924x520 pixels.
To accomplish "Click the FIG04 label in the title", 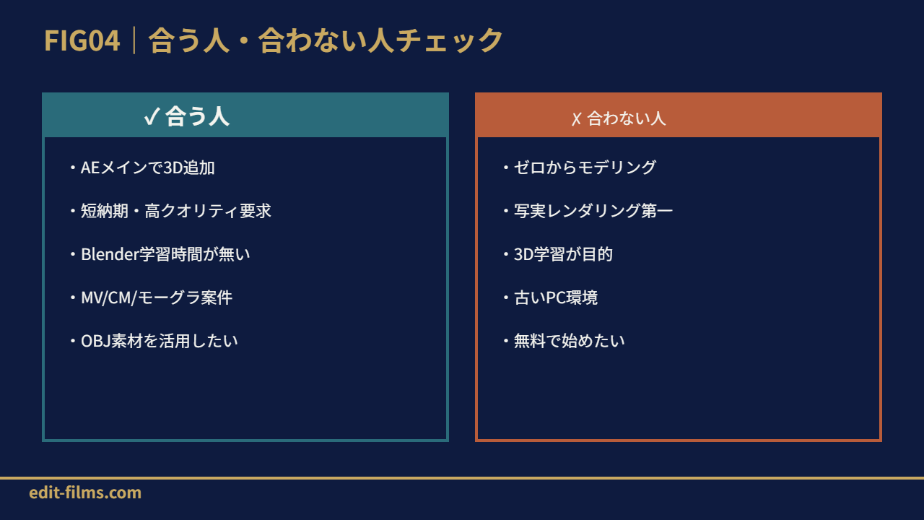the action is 82,40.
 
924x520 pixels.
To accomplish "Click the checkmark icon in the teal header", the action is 152,116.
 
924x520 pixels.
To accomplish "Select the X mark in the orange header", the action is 576,119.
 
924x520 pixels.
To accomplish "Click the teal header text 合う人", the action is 197,116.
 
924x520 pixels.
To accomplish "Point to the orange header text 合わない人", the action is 626,118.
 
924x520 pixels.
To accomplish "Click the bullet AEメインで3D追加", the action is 143,168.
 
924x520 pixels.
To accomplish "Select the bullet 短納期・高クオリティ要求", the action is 171,211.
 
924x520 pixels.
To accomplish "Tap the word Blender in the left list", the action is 110,253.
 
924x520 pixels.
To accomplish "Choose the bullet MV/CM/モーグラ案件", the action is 152,298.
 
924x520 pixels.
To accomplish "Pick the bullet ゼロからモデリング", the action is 580,168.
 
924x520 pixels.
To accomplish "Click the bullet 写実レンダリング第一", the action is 588,211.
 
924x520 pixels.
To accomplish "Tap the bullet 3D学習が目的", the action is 558,254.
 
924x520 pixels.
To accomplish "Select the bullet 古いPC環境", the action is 551,298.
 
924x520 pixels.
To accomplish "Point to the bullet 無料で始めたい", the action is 564,341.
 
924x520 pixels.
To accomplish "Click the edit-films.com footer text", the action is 85,493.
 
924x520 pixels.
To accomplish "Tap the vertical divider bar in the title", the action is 134,40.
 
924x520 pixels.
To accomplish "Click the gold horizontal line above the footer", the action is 462,478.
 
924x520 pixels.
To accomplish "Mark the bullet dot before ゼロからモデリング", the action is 506,168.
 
